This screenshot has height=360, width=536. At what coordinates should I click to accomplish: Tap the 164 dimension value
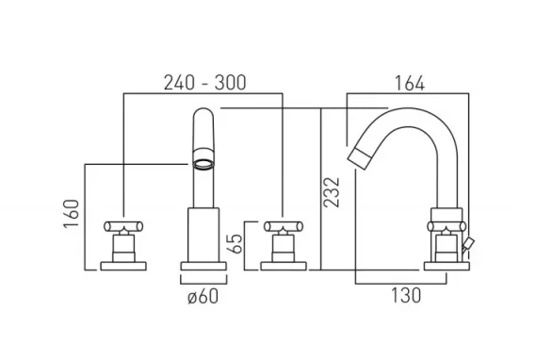[407, 83]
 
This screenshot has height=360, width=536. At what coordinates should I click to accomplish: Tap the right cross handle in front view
[283, 227]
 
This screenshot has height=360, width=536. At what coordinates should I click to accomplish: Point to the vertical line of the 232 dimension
[322, 188]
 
